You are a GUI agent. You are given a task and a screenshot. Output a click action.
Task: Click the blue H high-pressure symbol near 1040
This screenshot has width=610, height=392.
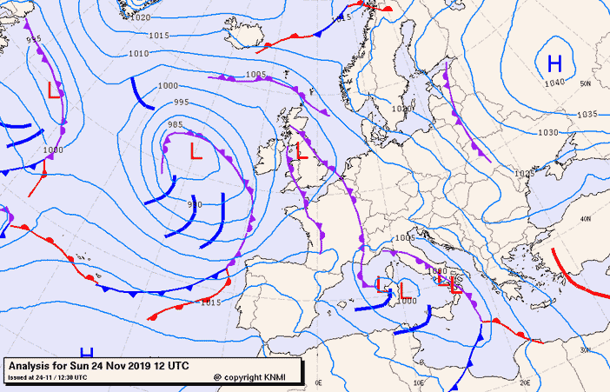[554, 63]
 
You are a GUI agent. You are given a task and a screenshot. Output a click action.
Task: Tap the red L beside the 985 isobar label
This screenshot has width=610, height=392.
[196, 152]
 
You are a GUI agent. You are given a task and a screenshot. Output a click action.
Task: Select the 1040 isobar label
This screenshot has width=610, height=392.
[554, 83]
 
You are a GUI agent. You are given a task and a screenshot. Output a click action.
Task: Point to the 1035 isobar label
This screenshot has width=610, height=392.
[587, 115]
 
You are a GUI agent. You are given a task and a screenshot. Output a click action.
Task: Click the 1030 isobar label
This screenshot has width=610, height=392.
[547, 133]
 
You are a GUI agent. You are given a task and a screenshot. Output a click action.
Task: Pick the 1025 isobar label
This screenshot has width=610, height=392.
[523, 174]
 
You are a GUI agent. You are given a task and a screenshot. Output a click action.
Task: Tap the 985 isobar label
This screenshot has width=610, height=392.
[176, 125]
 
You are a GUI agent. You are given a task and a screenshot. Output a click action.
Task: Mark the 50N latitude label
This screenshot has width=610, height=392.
[585, 83]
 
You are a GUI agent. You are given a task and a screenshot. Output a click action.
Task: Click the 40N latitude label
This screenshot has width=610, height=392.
[586, 218]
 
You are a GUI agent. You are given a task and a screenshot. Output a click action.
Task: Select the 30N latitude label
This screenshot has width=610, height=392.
[585, 349]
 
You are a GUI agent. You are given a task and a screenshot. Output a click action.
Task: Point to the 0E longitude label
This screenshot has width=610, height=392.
[318, 382]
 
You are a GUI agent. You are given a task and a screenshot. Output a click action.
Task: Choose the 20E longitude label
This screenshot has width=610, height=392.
[525, 382]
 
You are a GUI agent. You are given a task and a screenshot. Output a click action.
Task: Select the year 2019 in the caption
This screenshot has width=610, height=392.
[141, 365]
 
